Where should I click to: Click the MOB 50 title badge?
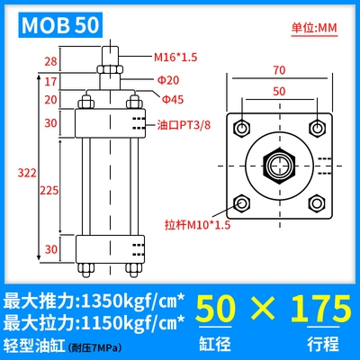pyautogui.click(x=60, y=25)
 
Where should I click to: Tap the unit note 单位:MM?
pyautogui.click(x=314, y=28)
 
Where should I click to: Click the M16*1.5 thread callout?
pyautogui.click(x=175, y=57)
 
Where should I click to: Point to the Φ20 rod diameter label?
pyautogui.click(x=168, y=80)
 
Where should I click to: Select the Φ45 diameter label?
pyautogui.click(x=173, y=99)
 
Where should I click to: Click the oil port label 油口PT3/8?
pyautogui.click(x=184, y=125)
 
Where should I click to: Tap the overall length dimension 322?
pyautogui.click(x=27, y=173)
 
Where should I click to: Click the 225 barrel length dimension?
pyautogui.click(x=49, y=190)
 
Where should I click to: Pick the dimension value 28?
pyautogui.click(x=50, y=61)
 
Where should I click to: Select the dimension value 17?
pyautogui.click(x=50, y=81)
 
